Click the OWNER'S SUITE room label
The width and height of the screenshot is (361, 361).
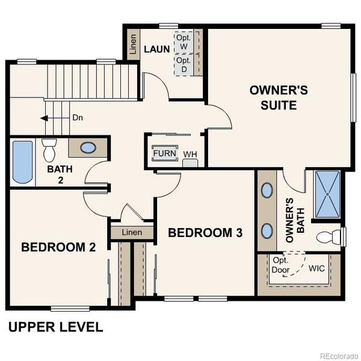coord(279,97)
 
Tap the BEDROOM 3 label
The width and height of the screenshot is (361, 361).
coord(205,233)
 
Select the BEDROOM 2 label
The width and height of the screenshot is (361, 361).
coord(58,247)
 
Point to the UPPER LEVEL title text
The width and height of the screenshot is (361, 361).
coord(55,327)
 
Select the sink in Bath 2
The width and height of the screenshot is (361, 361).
coord(88,147)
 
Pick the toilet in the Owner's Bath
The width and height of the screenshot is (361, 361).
coord(329,235)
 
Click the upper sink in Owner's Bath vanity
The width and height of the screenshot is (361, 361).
coord(267,191)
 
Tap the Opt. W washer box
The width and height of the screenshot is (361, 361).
coord(183,42)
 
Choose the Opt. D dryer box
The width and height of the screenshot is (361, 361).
coord(183,65)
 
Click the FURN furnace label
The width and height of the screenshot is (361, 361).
coord(164,153)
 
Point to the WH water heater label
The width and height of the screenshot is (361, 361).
coord(190,155)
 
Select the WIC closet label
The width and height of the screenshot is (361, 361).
coord(316,268)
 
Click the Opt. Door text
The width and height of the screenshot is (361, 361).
coord(281,265)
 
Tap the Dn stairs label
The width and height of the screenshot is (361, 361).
coord(77,118)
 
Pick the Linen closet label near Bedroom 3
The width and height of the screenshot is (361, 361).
coord(131,232)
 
